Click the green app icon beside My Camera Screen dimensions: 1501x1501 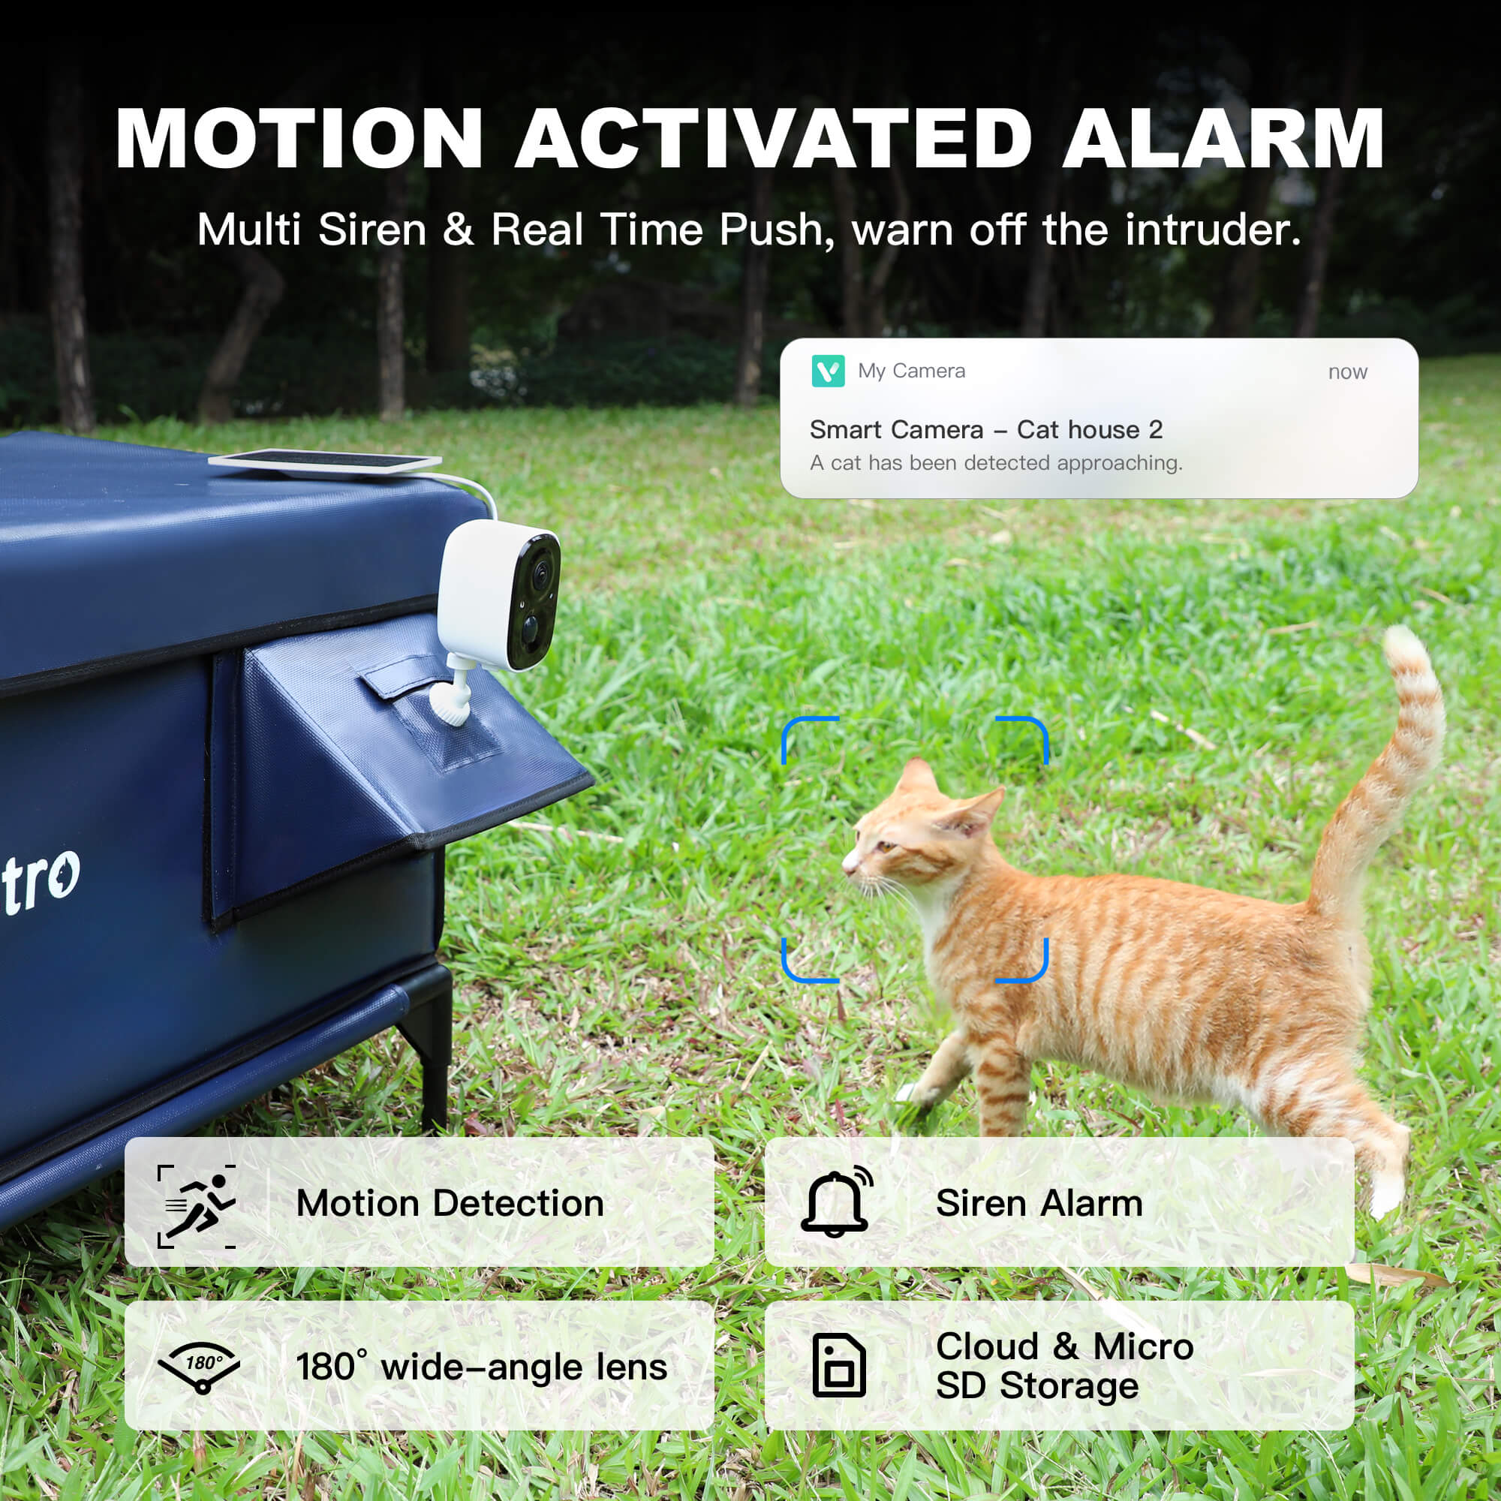(x=827, y=371)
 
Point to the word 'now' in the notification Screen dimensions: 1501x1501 (x=1347, y=372)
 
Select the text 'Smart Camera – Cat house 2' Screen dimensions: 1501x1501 (x=985, y=429)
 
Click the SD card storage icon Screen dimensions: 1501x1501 (x=838, y=1366)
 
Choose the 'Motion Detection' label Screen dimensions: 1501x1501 (x=450, y=1204)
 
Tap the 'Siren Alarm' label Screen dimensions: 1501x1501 (x=1039, y=1204)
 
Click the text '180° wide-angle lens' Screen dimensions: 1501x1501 (x=481, y=1367)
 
